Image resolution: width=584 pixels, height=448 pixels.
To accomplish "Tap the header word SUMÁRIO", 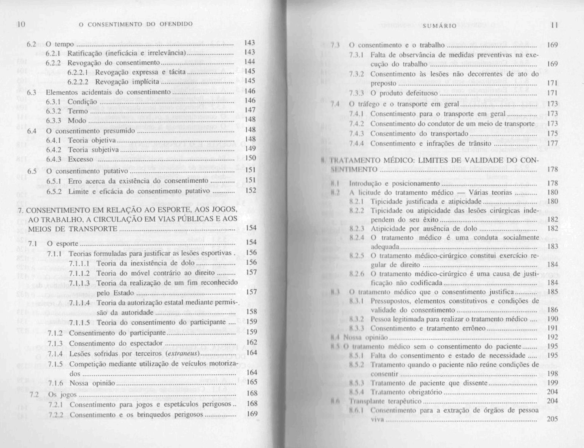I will click(440, 25).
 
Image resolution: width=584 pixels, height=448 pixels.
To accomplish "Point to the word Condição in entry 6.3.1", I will click(82, 102).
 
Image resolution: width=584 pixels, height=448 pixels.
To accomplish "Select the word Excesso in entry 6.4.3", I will click(81, 159).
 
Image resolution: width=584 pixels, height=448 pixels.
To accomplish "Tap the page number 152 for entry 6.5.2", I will click(251, 190).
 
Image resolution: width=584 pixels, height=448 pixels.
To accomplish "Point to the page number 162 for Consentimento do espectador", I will click(252, 342).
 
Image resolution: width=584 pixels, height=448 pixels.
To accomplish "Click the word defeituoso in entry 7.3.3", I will click(423, 93).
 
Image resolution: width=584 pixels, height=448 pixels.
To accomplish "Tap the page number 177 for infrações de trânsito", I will click(552, 143).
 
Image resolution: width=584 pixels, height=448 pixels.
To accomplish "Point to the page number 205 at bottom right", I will click(552, 419).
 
